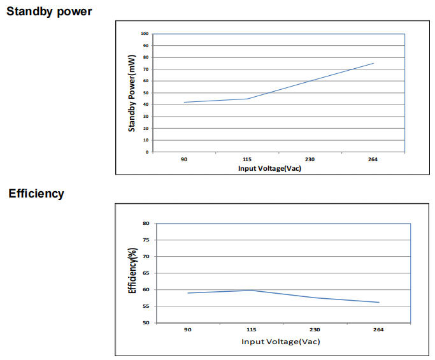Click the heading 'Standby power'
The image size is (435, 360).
(49, 11)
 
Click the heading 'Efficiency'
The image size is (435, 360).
(36, 194)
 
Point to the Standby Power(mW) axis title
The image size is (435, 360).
(132, 94)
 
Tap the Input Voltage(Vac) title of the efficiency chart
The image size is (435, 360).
(280, 342)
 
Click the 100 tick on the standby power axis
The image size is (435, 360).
(145, 34)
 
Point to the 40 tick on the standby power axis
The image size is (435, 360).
(146, 104)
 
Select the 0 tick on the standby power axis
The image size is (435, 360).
(147, 152)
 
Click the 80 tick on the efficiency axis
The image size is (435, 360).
(146, 224)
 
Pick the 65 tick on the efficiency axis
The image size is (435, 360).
(146, 273)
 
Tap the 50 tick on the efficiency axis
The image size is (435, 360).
(146, 323)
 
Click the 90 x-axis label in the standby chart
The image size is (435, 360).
(184, 159)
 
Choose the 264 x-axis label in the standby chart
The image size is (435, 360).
(373, 159)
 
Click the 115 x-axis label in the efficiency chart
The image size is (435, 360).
(252, 330)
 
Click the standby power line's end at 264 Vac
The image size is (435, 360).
(374, 63)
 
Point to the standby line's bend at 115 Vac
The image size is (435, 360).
(247, 99)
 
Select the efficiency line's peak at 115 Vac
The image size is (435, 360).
(252, 290)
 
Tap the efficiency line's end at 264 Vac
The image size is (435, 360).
(380, 303)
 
